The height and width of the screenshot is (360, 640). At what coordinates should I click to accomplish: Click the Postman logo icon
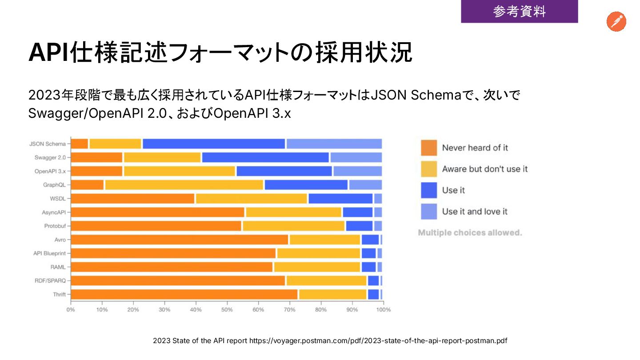coord(616,22)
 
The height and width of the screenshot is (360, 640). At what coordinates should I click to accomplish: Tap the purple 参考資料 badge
coord(519,12)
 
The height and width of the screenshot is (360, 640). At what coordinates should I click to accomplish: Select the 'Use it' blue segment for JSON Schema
coord(214,144)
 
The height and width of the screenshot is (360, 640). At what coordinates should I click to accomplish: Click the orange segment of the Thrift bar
coord(184,294)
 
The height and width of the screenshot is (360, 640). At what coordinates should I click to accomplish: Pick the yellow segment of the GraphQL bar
coord(184,185)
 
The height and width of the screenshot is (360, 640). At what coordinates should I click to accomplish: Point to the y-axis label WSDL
coord(58,199)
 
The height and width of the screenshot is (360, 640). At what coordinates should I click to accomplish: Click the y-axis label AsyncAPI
coord(54,212)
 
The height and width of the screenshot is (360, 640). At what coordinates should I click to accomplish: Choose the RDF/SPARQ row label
coord(50,281)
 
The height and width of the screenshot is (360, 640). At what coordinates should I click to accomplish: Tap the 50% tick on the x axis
coord(227,309)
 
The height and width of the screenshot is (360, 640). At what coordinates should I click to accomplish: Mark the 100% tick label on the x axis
coord(384,309)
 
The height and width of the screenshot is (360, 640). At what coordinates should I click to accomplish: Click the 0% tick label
coord(71,309)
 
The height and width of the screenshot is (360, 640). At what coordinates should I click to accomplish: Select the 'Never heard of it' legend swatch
coord(429,148)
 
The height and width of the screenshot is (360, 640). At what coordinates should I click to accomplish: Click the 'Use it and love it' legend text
coord(475,212)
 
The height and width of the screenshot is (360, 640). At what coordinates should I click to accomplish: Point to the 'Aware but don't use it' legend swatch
coord(429,169)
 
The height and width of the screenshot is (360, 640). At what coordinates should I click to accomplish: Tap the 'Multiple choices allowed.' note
coord(470,232)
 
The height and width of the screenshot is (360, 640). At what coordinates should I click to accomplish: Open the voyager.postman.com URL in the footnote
coord(378,341)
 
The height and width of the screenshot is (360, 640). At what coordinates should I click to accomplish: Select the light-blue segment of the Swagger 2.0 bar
coord(356,157)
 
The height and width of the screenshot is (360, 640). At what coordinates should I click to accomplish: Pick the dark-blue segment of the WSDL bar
coord(340,199)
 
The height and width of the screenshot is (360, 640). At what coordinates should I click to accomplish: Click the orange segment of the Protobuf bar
coord(156,226)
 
